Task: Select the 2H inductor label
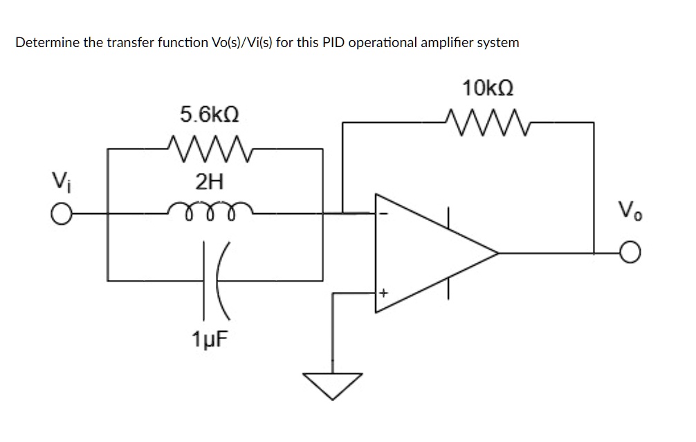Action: point(209,183)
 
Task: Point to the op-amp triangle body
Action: point(429,252)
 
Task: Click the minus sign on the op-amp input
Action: point(386,214)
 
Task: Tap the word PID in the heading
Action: point(335,43)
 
